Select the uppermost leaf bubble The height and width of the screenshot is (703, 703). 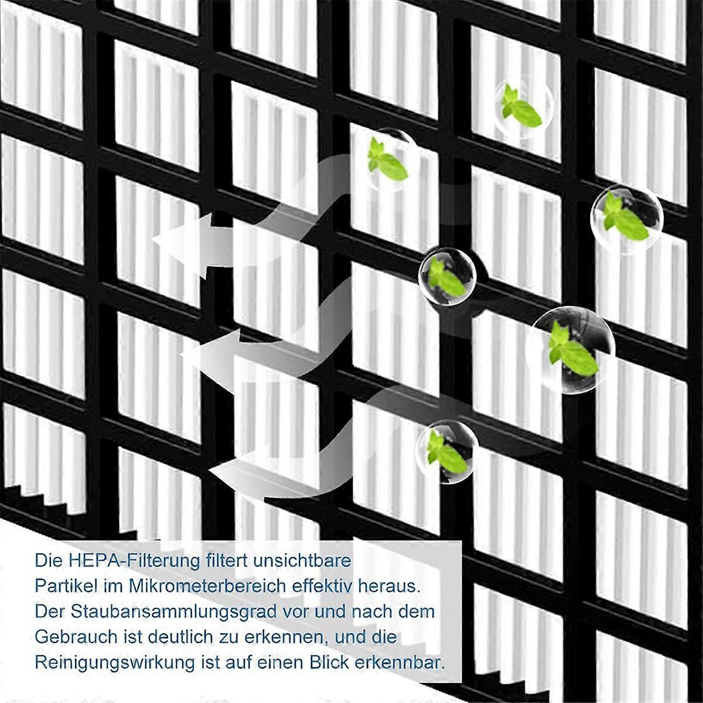click(x=523, y=106)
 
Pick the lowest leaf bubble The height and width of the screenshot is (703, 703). click(x=448, y=451)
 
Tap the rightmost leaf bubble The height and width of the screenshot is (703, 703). click(x=627, y=220)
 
